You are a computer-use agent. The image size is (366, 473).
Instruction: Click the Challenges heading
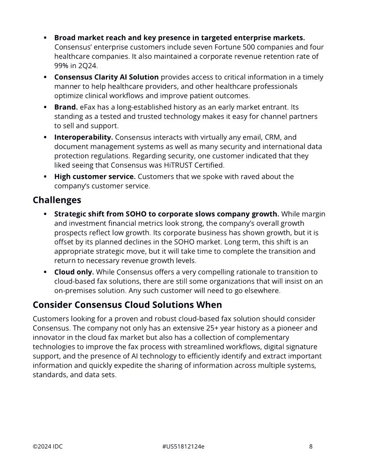pos(57,200)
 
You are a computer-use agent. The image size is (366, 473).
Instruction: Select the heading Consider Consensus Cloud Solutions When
pos(127,305)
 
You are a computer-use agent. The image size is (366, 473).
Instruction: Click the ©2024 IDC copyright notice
pos(48,447)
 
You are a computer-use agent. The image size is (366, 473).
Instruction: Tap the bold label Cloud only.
pos(74,272)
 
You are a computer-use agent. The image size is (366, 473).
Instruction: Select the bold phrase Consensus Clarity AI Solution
pos(106,77)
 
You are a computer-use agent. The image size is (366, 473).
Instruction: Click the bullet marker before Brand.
pos(45,107)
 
